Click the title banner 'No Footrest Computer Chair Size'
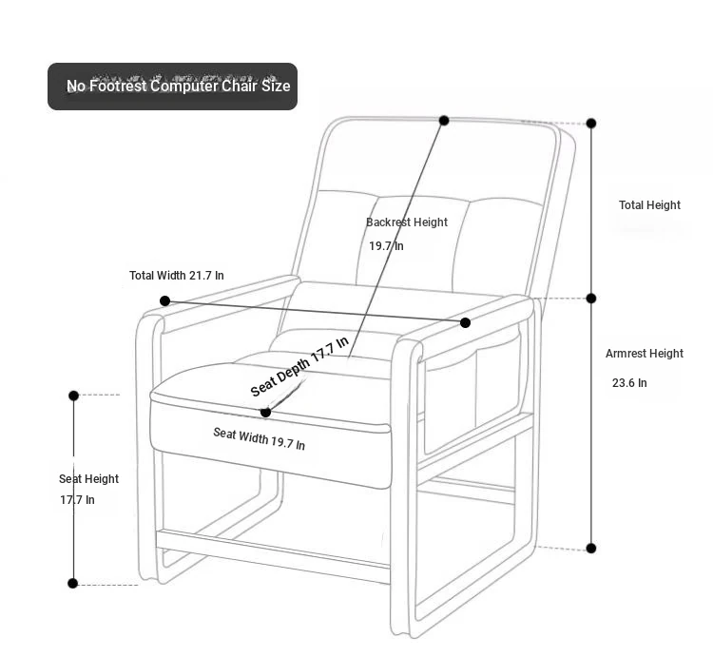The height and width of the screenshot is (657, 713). [x=172, y=87]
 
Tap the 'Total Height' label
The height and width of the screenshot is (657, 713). [x=649, y=205]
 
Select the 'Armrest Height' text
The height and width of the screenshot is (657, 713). [x=645, y=354]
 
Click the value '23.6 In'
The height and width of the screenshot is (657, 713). [x=629, y=383]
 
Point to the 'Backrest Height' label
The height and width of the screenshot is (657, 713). [x=407, y=222]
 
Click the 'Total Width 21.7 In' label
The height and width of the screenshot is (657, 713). [x=177, y=276]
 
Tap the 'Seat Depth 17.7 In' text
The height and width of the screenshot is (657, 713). [x=299, y=366]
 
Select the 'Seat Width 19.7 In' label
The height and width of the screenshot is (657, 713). [x=260, y=438]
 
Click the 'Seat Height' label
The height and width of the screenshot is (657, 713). [x=88, y=479]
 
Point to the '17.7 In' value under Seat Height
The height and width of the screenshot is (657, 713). [x=77, y=500]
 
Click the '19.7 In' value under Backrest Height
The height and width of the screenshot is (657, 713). [x=386, y=246]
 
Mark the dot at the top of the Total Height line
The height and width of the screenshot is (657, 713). [x=591, y=124]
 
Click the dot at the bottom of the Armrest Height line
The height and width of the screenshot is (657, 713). [x=591, y=549]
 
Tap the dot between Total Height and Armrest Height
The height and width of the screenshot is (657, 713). [x=591, y=299]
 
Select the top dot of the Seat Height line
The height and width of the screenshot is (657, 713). [x=73, y=396]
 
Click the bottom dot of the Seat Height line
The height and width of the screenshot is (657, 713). [x=73, y=584]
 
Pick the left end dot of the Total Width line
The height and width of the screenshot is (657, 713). [x=165, y=301]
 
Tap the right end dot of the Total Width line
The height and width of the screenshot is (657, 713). [x=465, y=323]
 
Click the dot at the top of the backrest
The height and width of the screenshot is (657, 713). [x=444, y=121]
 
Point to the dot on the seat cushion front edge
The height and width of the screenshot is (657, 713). [x=266, y=413]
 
